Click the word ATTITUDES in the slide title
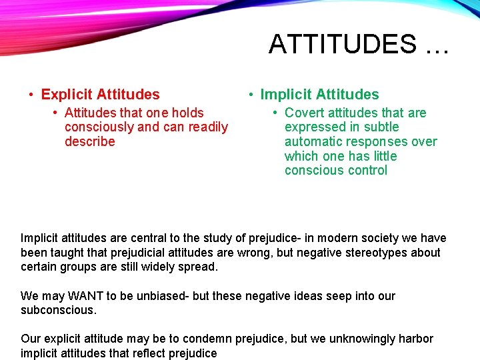pyautogui.click(x=342, y=44)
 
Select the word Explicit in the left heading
pyautogui.click(x=67, y=95)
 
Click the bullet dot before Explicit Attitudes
pyautogui.click(x=31, y=95)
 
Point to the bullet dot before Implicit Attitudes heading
pyautogui.click(x=251, y=95)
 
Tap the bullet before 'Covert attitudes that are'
pyautogui.click(x=275, y=113)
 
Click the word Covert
pyautogui.click(x=303, y=113)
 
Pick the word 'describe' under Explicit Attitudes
pyautogui.click(x=90, y=141)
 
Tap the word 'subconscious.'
pyautogui.click(x=59, y=310)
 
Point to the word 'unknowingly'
pyautogui.click(x=361, y=339)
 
